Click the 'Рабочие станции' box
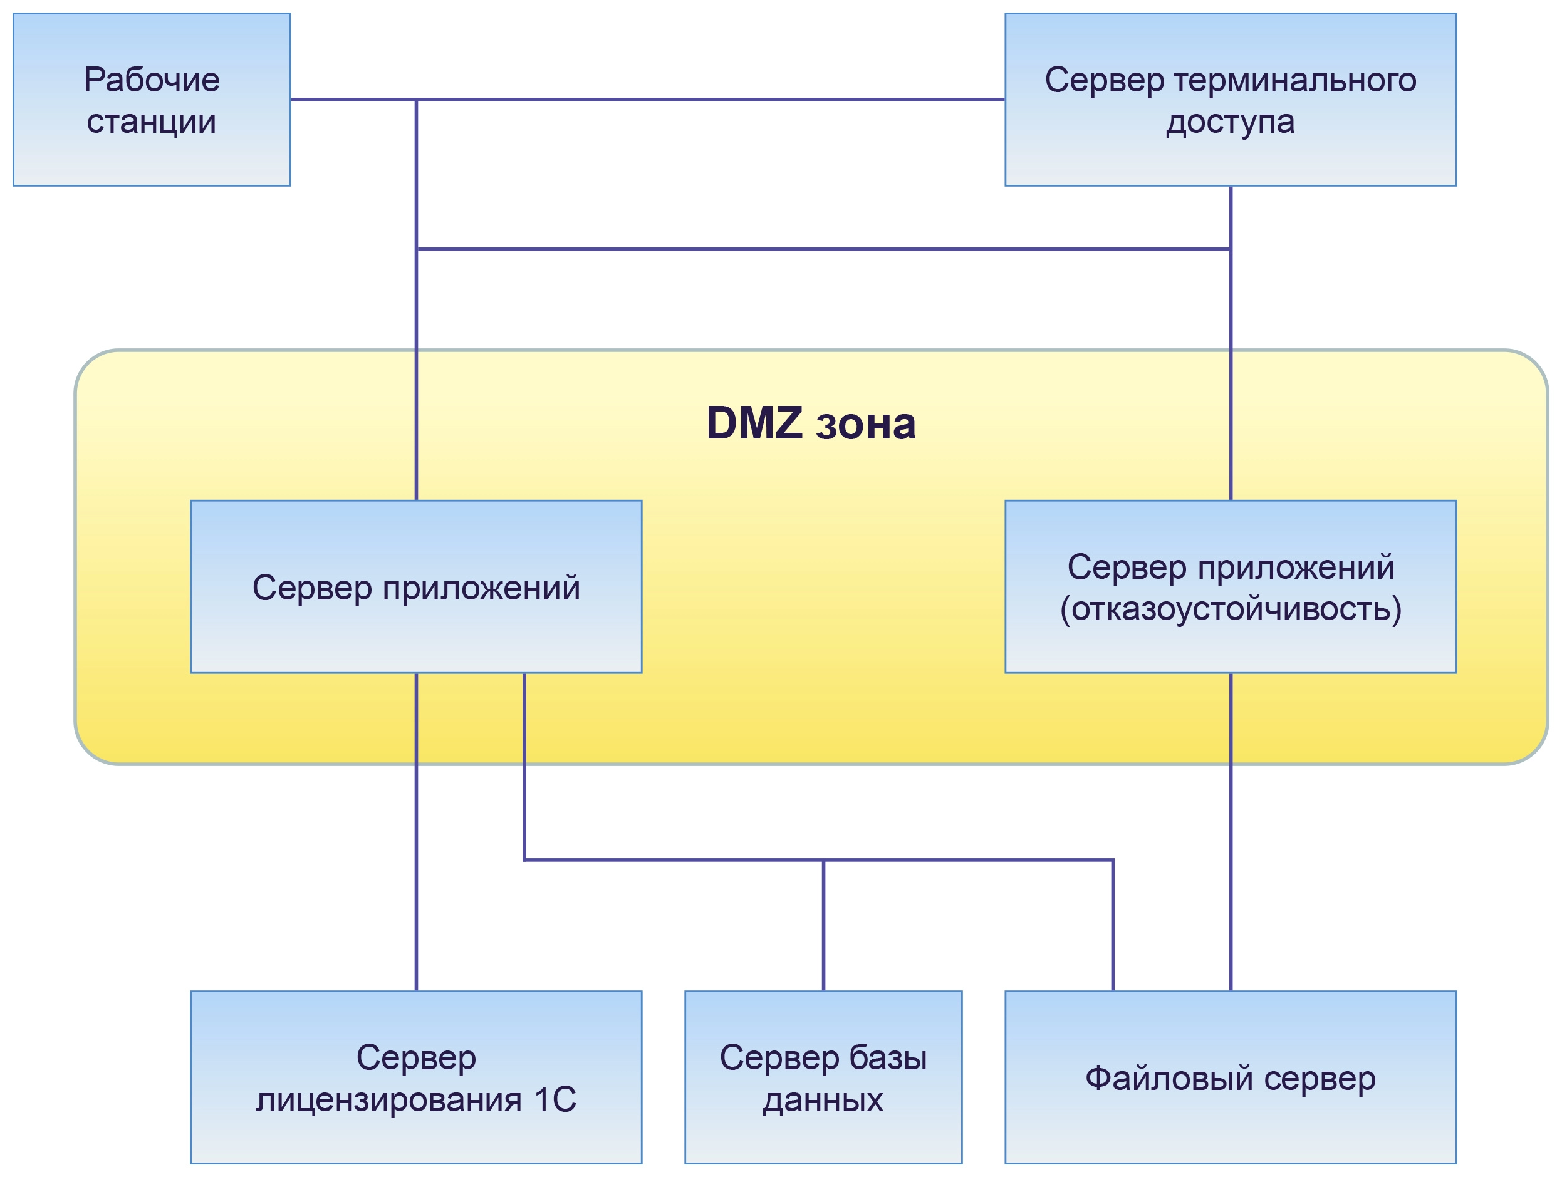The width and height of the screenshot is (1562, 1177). point(151,100)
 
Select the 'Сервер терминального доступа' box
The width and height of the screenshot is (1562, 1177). point(1230,100)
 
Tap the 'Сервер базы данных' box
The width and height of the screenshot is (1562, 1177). point(823,1078)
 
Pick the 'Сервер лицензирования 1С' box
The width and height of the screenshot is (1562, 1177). point(416,1078)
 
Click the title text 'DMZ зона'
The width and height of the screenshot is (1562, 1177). point(811,423)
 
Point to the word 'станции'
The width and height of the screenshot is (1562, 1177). point(151,122)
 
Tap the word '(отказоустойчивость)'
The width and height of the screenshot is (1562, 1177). point(1230,609)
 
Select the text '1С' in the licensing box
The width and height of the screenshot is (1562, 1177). point(555,1099)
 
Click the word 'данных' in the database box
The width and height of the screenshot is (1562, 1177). point(823,1100)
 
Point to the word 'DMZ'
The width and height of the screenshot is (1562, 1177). point(754,423)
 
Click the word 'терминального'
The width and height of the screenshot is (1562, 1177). point(1294,80)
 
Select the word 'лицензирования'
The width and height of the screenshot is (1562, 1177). point(388,1100)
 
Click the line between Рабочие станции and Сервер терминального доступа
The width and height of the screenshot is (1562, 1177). point(706,100)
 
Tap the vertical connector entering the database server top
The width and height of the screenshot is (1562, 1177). point(823,925)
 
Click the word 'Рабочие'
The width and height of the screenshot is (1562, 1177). point(151,80)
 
